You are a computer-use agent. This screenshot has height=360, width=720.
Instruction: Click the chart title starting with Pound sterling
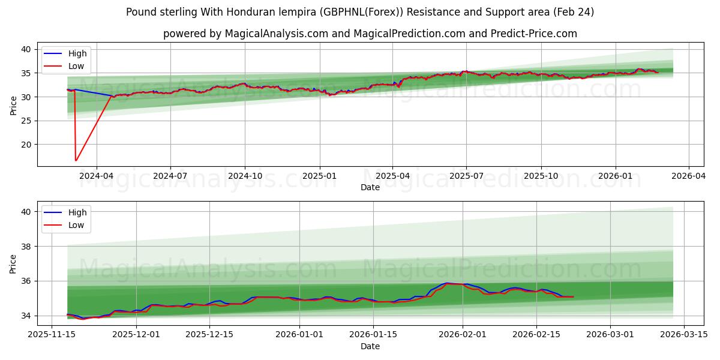pos(360,12)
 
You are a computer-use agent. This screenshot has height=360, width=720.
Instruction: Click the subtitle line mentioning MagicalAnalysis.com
pos(370,34)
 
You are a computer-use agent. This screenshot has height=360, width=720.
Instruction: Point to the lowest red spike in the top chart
pos(76,160)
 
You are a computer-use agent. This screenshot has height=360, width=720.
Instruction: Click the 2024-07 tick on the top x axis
pos(170,176)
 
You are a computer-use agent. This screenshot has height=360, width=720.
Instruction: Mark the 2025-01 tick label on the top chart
pos(319,176)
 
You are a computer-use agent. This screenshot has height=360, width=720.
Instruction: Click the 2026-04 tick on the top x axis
pos(688,176)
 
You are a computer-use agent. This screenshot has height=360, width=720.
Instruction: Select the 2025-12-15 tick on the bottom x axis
pos(209,335)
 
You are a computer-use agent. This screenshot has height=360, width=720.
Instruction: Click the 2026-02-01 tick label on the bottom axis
pos(463,335)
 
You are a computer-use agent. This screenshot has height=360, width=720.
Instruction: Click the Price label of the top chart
pos(14,105)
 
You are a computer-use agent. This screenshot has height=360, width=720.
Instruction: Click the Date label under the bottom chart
pos(370,346)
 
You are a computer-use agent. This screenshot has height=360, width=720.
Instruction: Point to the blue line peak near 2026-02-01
pos(447,283)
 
